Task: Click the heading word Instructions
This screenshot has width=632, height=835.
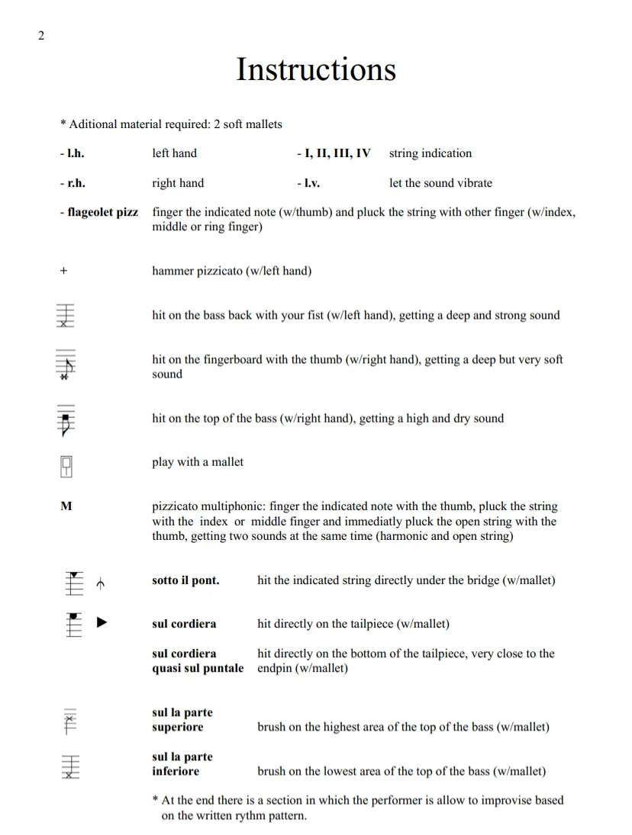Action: tap(315, 69)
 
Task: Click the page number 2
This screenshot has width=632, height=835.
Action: tap(41, 35)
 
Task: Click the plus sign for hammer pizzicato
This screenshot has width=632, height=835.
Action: tap(63, 271)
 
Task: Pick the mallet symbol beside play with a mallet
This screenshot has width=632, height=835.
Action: tap(66, 466)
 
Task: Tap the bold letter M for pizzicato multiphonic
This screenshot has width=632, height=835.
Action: tap(66, 506)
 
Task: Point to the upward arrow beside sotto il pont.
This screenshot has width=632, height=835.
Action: tap(100, 584)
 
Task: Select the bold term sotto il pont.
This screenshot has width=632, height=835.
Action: tap(185, 580)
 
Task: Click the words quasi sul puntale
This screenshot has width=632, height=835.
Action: tap(198, 668)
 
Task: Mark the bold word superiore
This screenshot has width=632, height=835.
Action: tap(178, 727)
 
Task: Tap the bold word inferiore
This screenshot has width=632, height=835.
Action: tap(176, 771)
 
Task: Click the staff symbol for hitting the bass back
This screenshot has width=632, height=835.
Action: tap(66, 315)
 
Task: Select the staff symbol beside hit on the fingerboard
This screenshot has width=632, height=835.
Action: tap(66, 365)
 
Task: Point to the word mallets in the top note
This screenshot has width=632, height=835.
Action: tap(260, 124)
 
